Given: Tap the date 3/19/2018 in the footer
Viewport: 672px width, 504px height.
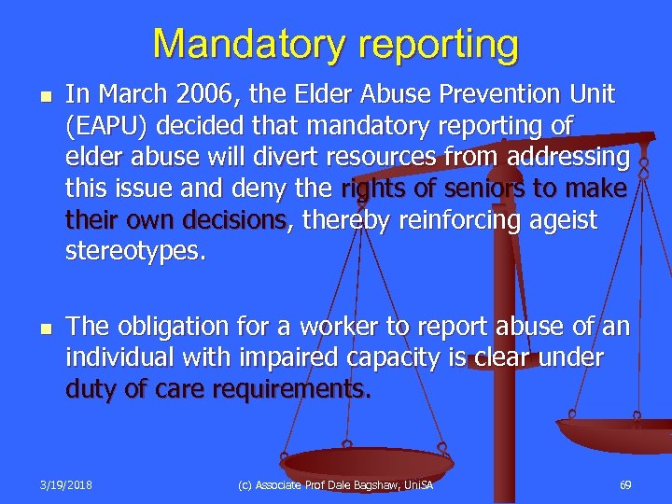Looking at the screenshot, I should pos(66,485).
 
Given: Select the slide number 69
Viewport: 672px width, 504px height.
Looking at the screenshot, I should pos(624,485).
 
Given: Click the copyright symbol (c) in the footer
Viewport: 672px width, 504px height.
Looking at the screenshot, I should pos(245,485).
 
